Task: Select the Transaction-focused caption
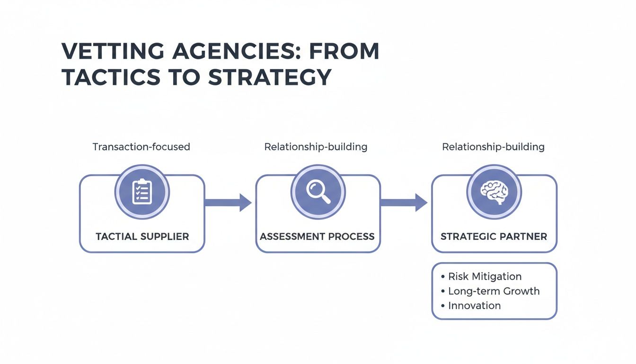[x=141, y=147]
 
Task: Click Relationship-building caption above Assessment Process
[x=316, y=147]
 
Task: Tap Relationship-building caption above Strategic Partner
[x=493, y=147]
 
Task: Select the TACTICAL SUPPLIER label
[x=142, y=237]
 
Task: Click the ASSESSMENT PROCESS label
[x=318, y=237]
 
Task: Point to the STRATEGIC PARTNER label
[x=494, y=237]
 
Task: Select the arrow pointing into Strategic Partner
[x=405, y=203]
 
